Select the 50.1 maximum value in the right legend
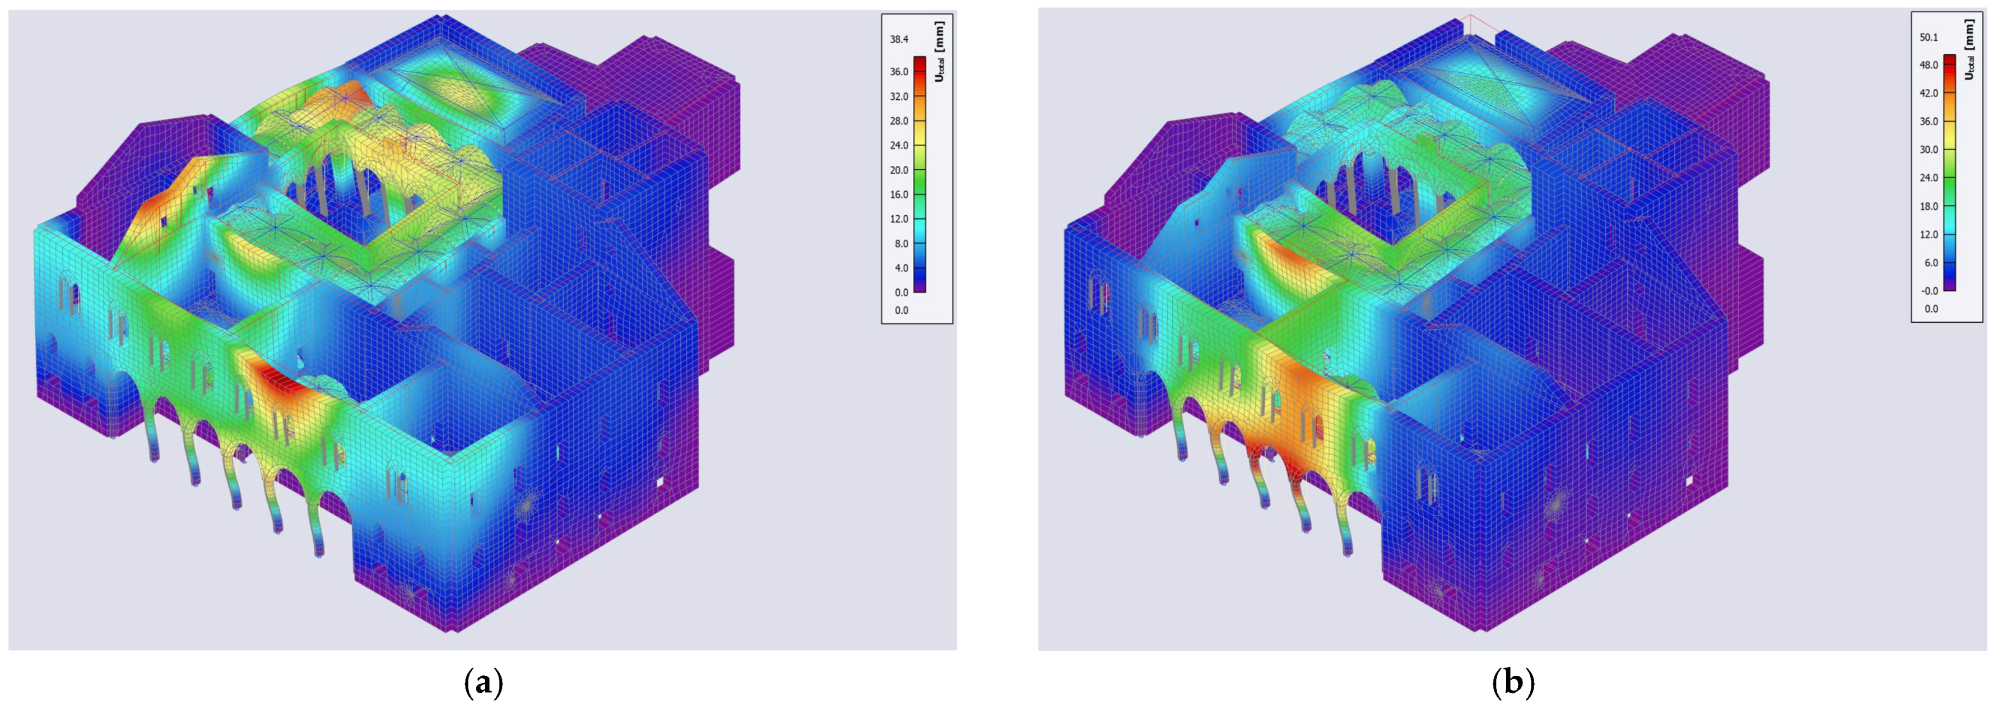tap(1929, 37)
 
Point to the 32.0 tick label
tap(899, 96)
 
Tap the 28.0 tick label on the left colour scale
tap(899, 121)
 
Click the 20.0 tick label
tap(899, 170)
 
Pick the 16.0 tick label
tap(899, 194)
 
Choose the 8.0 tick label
tap(902, 244)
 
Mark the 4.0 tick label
tap(902, 268)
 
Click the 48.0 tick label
tap(1929, 65)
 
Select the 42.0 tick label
tap(1929, 93)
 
